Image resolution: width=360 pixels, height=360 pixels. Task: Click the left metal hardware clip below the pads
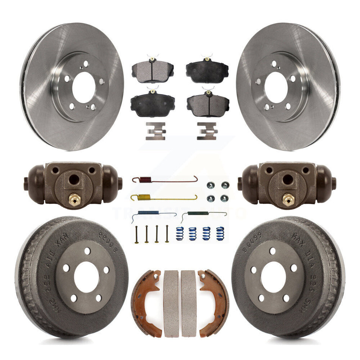click(155, 131)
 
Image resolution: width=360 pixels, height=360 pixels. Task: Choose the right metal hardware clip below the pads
click(207, 131)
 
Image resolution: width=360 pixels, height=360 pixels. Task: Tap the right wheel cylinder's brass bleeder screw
click(289, 198)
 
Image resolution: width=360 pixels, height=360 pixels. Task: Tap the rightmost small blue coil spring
click(220, 233)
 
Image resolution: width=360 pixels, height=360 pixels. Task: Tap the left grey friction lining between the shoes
click(171, 303)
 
